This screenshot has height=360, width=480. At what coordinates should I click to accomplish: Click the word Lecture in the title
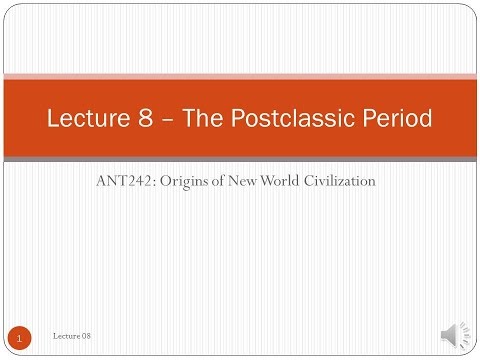pyautogui.click(x=88, y=119)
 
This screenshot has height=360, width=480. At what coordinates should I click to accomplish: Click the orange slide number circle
pyautogui.click(x=19, y=338)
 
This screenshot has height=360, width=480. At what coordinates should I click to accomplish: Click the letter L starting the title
pyautogui.click(x=54, y=119)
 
